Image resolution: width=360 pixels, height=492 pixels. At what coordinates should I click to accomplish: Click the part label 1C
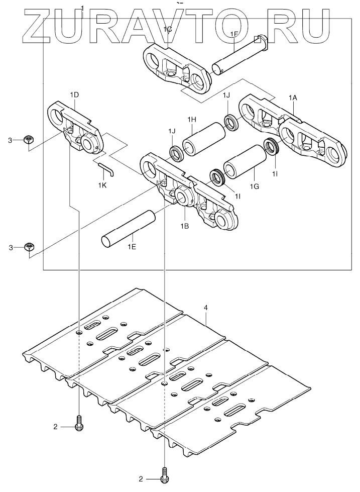click(x=168, y=30)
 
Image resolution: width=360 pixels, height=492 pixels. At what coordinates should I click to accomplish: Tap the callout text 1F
click(x=234, y=34)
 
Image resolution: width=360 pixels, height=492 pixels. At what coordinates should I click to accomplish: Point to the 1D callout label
click(x=74, y=94)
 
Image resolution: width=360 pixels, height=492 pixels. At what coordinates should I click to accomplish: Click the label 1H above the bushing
click(x=191, y=119)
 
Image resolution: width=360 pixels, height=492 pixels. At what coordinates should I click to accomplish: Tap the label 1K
click(x=103, y=185)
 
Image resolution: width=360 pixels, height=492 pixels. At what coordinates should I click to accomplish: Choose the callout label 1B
click(x=185, y=227)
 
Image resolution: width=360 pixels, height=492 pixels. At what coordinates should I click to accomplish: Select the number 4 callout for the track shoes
click(x=205, y=307)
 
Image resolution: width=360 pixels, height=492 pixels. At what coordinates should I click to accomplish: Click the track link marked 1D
click(x=75, y=126)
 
